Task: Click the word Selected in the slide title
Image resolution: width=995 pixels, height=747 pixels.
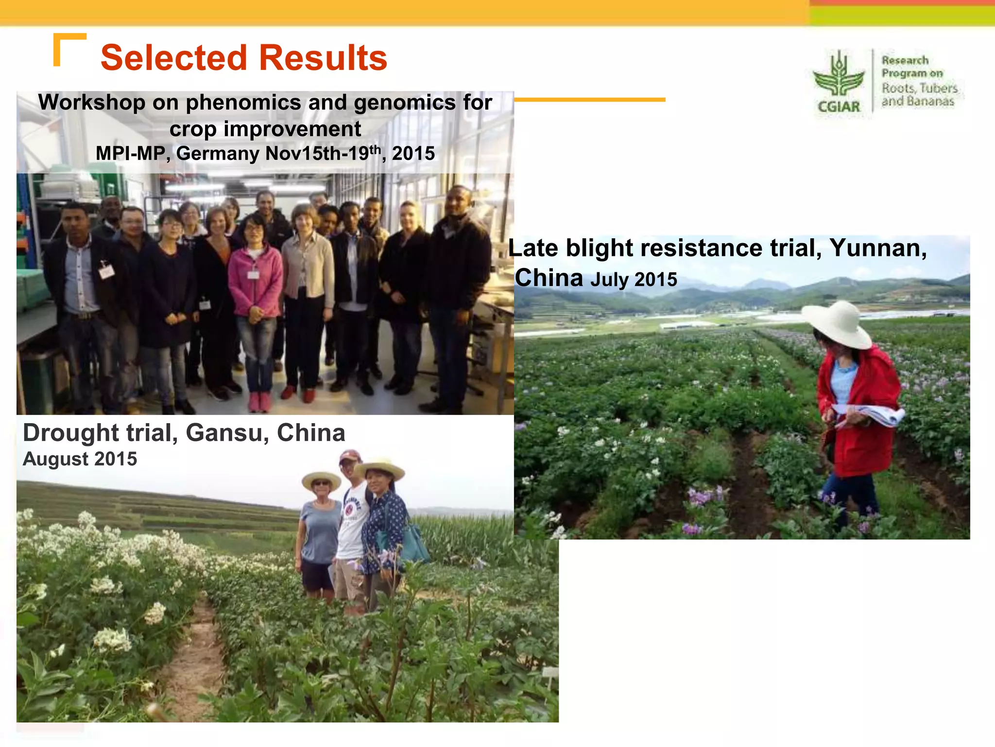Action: pyautogui.click(x=174, y=58)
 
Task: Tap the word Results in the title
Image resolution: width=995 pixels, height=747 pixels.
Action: pyautogui.click(x=323, y=58)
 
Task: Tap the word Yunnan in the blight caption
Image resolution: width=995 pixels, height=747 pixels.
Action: pyautogui.click(x=878, y=248)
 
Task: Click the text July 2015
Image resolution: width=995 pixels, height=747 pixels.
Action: pyautogui.click(x=634, y=280)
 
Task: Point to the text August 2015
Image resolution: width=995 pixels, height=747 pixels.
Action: pyautogui.click(x=80, y=459)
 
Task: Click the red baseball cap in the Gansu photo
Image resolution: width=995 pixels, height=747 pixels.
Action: pyautogui.click(x=350, y=455)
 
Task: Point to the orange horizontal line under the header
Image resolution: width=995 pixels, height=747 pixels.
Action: pyautogui.click(x=589, y=100)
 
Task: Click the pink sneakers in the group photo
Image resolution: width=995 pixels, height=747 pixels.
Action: pyautogui.click(x=259, y=402)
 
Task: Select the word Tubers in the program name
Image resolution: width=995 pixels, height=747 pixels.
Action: pyautogui.click(x=939, y=89)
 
